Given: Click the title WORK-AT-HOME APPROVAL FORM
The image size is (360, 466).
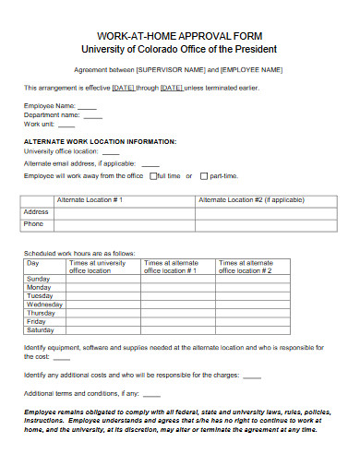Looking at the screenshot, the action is tap(179, 35).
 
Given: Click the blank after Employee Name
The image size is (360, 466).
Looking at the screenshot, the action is tap(89, 106).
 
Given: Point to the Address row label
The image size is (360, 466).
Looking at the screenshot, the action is tap(35, 211).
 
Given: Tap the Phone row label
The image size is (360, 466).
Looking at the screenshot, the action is tap(33, 223).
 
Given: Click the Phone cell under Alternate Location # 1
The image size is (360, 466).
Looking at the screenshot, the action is tap(125, 223).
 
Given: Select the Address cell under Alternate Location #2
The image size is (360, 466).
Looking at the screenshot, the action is tap(268, 211).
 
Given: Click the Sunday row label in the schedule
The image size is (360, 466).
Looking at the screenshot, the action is tap(39, 278).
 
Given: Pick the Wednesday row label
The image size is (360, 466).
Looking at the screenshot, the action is tap(44, 304).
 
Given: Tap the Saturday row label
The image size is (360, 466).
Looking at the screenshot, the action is tap(41, 329).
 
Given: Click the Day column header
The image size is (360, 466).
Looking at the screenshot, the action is tap(33, 263).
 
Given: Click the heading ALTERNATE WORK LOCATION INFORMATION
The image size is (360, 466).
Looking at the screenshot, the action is tap(99, 141).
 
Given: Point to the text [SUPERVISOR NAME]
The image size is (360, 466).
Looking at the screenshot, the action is tap(170, 69).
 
